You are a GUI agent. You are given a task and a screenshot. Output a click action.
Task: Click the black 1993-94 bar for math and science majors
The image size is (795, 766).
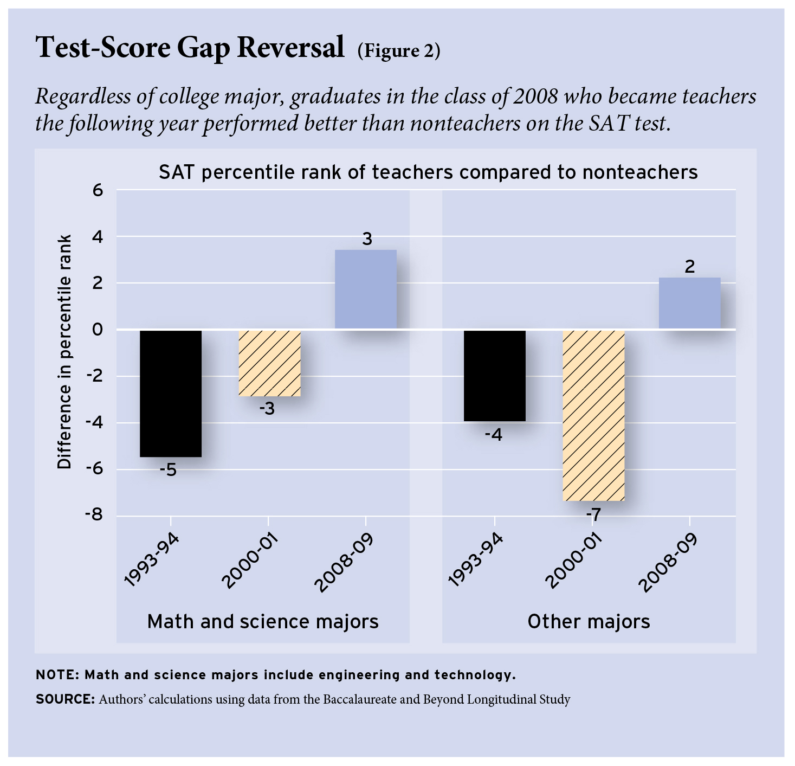tap(171, 393)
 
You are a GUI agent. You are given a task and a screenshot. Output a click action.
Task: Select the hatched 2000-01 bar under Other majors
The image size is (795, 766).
tap(593, 415)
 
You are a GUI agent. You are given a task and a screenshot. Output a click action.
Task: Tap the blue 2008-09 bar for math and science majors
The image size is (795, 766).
tap(366, 289)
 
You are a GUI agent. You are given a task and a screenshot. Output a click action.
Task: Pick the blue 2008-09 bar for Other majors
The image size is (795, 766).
tap(689, 302)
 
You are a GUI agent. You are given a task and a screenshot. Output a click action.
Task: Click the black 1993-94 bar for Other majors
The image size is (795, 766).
tap(495, 375)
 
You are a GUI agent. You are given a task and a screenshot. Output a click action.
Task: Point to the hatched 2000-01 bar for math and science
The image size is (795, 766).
tap(269, 363)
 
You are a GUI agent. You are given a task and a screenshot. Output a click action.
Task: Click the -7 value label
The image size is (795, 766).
tap(593, 514)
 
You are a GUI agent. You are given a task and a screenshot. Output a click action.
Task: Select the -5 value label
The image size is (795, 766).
tap(169, 469)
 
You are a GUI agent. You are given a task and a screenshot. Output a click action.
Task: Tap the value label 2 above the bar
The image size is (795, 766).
tap(689, 267)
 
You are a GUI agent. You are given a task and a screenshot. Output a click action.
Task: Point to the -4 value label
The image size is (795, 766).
tap(493, 434)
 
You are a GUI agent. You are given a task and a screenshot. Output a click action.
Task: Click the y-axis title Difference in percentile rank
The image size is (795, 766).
tap(65, 352)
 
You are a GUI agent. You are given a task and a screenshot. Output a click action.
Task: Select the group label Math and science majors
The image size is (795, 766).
tap(263, 621)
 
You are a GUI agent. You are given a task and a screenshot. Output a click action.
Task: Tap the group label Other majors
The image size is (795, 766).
tap(589, 621)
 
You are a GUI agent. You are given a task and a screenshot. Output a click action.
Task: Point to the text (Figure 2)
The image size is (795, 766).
tap(398, 50)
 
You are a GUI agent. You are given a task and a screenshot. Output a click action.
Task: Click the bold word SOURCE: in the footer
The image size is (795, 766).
tap(66, 699)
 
